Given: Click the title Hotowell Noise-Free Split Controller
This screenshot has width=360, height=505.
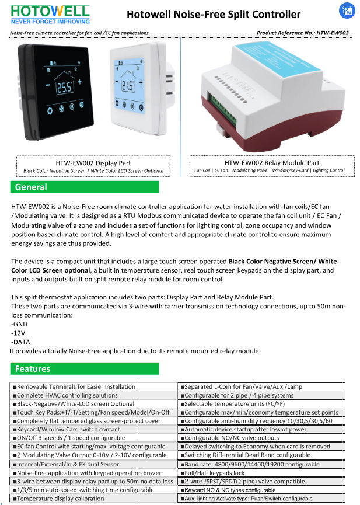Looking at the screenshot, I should tap(214, 14).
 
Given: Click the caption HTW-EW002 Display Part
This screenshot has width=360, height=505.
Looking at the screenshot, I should tap(93, 163).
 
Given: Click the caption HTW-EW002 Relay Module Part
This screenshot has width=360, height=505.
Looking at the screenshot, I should tap(272, 162).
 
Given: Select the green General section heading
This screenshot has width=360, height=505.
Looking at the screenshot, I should tap(85, 187).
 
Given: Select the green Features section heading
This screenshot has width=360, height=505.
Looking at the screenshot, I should tap(85, 369).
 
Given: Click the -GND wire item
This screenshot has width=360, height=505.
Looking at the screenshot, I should tap(19, 323).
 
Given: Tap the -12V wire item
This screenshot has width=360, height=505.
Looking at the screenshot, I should tap(19, 333).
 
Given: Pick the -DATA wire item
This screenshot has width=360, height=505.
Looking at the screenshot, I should tap(21, 342).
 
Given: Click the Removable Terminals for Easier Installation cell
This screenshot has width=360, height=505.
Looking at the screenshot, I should tap(76, 386).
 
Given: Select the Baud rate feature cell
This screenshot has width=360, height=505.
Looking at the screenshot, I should tap(250, 464).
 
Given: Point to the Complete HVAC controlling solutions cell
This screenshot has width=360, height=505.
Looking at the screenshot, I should tap(67, 395).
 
